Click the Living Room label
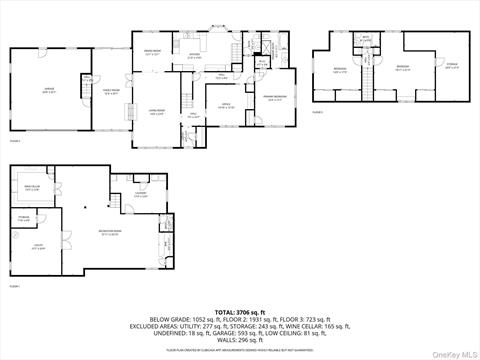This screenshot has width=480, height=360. (x=157, y=112)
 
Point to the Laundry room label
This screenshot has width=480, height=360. (x=141, y=195)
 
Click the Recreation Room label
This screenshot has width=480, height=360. (x=110, y=235)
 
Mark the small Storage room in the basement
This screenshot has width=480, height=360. (x=23, y=219)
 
